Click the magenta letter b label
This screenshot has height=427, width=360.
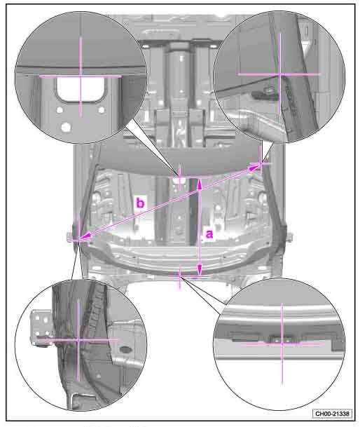tap(140, 203)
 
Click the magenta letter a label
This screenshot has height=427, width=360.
tap(209, 234)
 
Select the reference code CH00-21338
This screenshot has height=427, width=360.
tap(332, 414)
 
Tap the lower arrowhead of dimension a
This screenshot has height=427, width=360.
tap(200, 270)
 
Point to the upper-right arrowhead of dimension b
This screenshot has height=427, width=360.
tap(255, 167)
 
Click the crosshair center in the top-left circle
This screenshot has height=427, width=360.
tap(81, 77)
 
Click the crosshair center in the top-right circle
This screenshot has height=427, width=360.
tap(280, 74)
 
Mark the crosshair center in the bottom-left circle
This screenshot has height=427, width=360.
tap(78, 340)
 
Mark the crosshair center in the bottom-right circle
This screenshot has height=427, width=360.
tap(282, 344)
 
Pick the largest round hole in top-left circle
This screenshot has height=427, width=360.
tap(66, 127)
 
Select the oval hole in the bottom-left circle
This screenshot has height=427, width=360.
tap(125, 349)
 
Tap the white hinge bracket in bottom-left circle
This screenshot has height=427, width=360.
tap(41, 327)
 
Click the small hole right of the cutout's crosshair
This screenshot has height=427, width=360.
tap(102, 110)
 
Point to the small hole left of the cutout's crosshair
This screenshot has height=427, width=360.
tap(60, 110)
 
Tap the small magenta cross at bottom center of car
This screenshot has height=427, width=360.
tap(179, 276)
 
